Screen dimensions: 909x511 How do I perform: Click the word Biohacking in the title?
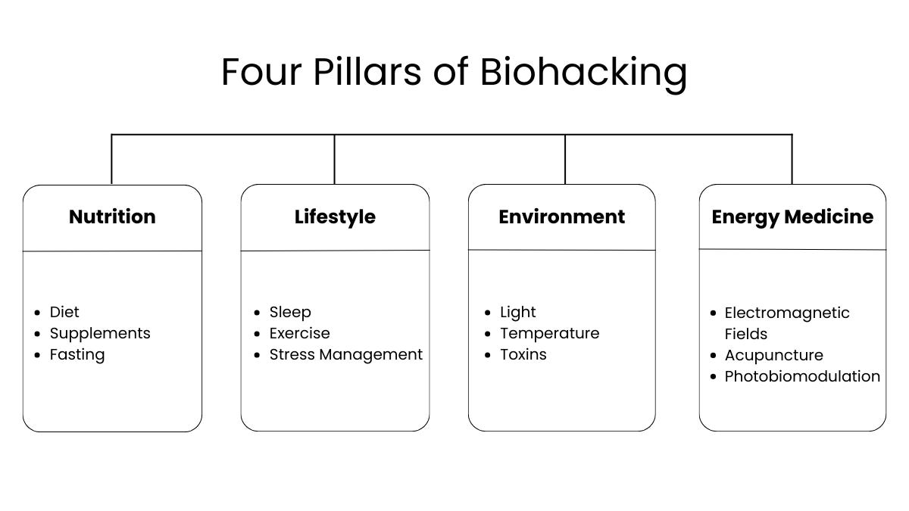[x=583, y=73]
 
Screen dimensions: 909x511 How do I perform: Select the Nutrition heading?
[x=112, y=217]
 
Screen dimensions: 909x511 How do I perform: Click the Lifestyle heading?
[x=335, y=217]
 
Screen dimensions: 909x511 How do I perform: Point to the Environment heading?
[x=561, y=217]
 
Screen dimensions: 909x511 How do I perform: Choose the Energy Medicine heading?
[x=792, y=217]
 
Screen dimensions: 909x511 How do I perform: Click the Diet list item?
[x=64, y=312]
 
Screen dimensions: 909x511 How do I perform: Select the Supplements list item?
[x=100, y=333]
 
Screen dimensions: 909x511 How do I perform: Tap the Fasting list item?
[x=77, y=354]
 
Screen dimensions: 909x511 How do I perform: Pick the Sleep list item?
[x=290, y=312]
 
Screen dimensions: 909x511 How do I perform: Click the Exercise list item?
[x=300, y=333]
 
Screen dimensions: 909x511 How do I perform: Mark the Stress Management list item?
[x=346, y=354]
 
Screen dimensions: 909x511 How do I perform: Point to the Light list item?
[x=518, y=312]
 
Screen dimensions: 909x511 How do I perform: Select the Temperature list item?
[x=549, y=333]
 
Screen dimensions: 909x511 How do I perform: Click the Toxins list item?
[x=523, y=354]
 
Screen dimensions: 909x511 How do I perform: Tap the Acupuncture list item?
[x=773, y=355]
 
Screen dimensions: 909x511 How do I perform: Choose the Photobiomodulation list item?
[x=802, y=376]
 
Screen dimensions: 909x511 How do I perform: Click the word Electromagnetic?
[x=787, y=313]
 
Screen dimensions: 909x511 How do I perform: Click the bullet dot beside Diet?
[x=38, y=313]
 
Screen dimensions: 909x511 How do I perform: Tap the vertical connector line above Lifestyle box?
[x=335, y=160]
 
